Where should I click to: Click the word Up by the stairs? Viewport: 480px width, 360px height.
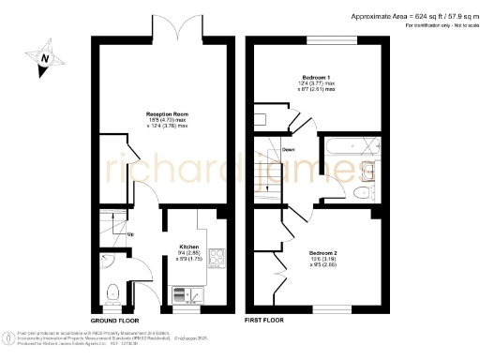130,233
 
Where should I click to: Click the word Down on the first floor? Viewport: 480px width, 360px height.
289,149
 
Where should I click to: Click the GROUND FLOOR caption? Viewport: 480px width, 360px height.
115,321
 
